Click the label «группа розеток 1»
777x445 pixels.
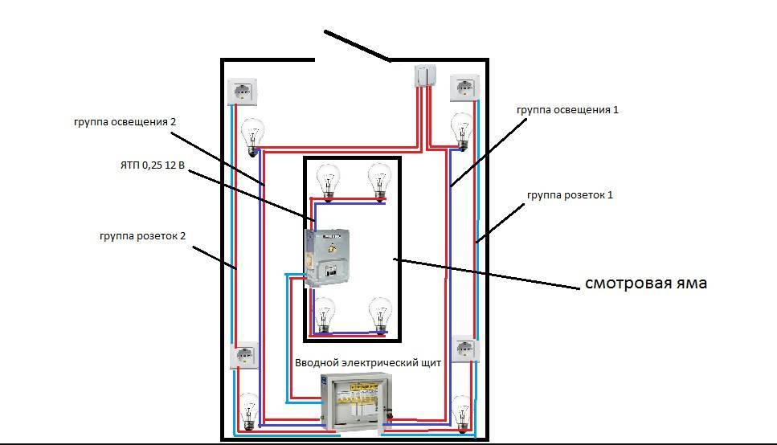point(570,195)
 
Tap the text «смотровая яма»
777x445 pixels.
point(645,283)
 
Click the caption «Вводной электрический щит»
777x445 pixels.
point(369,363)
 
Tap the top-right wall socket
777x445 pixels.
point(464,88)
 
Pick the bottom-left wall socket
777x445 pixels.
point(245,354)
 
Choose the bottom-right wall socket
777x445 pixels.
point(466,349)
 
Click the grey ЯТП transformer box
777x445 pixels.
point(327,256)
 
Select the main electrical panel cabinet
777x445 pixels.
point(355,406)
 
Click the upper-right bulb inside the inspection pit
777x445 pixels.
point(378,181)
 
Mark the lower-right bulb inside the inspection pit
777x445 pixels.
point(379,313)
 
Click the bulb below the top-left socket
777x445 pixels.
point(253,134)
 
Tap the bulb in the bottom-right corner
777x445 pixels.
point(461,414)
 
